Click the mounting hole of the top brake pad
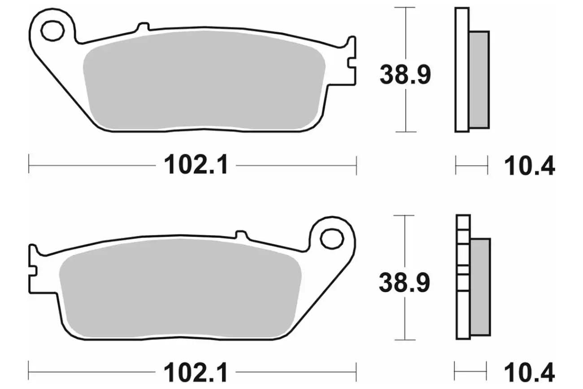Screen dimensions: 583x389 point(52,31)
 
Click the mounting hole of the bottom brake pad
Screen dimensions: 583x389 point(332,239)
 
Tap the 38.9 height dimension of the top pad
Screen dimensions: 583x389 point(405,75)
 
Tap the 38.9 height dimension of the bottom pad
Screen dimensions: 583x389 point(404,283)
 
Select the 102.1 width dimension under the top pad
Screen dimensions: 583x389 point(196,165)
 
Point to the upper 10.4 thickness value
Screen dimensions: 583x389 point(529,166)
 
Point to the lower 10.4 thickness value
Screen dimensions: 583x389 point(529,372)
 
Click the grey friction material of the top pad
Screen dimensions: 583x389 point(204,80)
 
